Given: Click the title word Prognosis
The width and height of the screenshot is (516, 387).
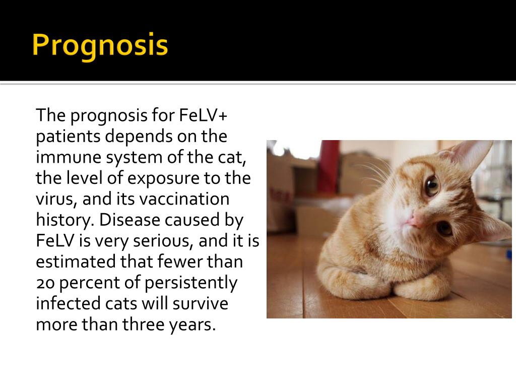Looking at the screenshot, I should coord(100,46).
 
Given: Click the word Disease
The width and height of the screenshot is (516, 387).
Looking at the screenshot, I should coord(131,220).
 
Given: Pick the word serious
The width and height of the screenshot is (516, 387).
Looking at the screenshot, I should coord(163,241).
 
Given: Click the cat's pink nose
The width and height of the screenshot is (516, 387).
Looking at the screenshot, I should coord(417,220).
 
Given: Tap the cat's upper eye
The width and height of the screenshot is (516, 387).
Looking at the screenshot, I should coord(432,186).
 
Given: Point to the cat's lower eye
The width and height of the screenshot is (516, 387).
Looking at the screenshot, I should coord(444,228).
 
